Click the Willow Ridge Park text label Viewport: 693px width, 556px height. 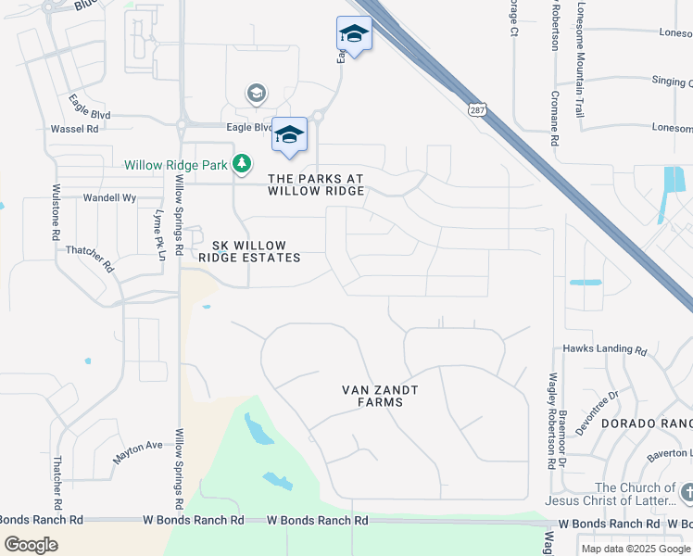[177, 166]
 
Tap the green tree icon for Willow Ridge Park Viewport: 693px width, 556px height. [242, 164]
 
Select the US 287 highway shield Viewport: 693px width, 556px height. [476, 108]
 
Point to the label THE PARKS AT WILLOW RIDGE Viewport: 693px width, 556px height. [314, 183]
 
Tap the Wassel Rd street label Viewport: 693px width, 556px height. [74, 129]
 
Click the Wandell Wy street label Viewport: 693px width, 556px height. [110, 197]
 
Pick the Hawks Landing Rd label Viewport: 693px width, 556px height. [605, 349]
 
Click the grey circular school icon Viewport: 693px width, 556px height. [256, 93]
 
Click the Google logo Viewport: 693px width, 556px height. [31, 545]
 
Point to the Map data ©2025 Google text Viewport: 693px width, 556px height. [636, 549]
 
